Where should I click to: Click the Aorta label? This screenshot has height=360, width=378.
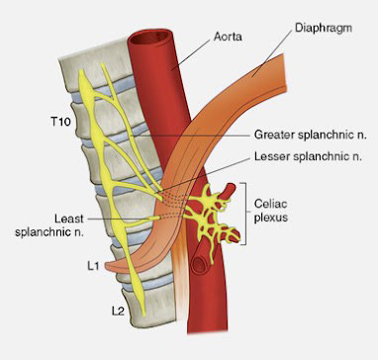228,36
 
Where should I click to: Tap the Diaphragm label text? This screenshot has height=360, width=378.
324,28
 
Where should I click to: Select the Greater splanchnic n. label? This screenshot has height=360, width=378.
311,135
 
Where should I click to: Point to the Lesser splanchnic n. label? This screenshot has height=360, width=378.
309,156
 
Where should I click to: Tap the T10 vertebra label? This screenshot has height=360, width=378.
61,122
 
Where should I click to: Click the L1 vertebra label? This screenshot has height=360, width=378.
94,266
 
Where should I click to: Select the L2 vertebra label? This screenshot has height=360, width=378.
118,311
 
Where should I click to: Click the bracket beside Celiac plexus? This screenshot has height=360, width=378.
244,214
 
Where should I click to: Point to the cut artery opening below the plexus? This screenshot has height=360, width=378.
200,264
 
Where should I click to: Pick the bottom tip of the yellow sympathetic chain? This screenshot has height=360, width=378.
143,314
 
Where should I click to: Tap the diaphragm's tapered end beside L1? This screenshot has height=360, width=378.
110,266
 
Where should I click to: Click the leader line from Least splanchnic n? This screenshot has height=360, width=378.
122,219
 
